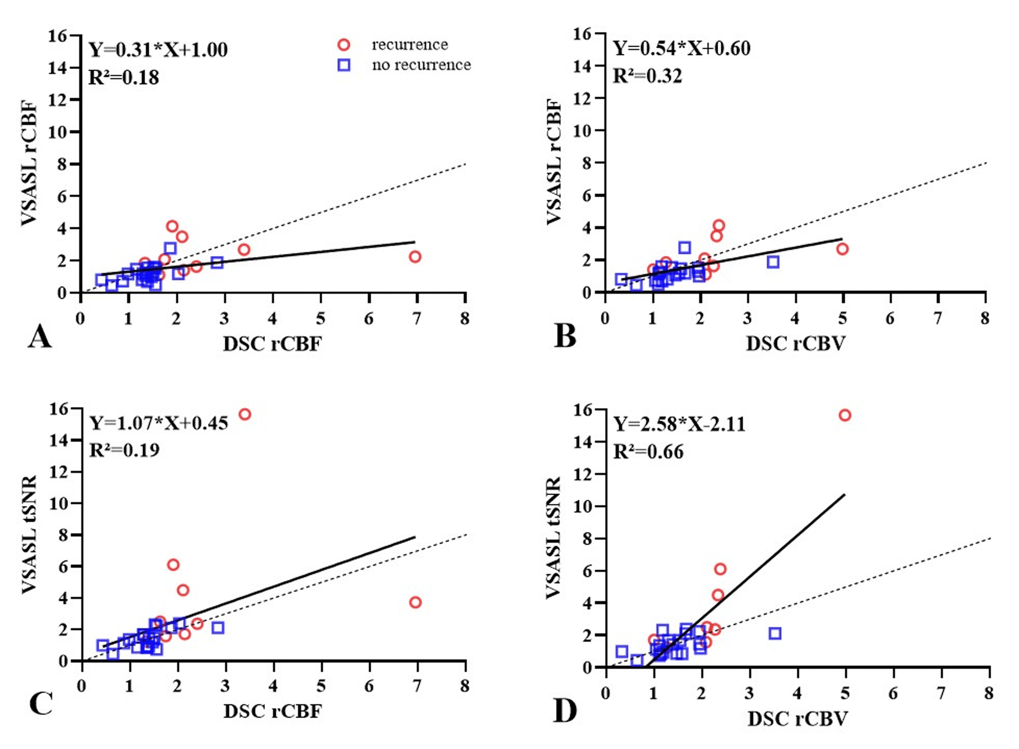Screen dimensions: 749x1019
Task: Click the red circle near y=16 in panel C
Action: click(245, 414)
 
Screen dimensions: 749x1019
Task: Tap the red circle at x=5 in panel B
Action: click(842, 249)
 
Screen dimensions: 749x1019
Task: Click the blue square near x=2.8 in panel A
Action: click(217, 262)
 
